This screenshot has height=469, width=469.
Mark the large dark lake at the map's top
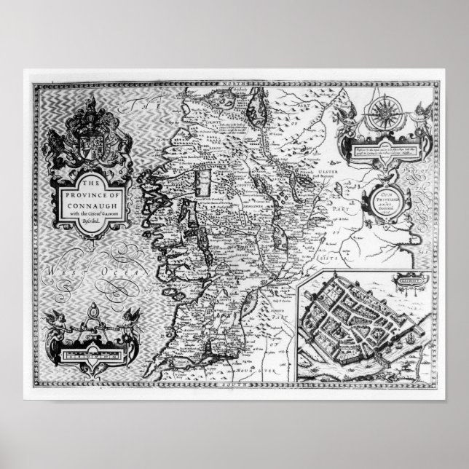tap(256, 110)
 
